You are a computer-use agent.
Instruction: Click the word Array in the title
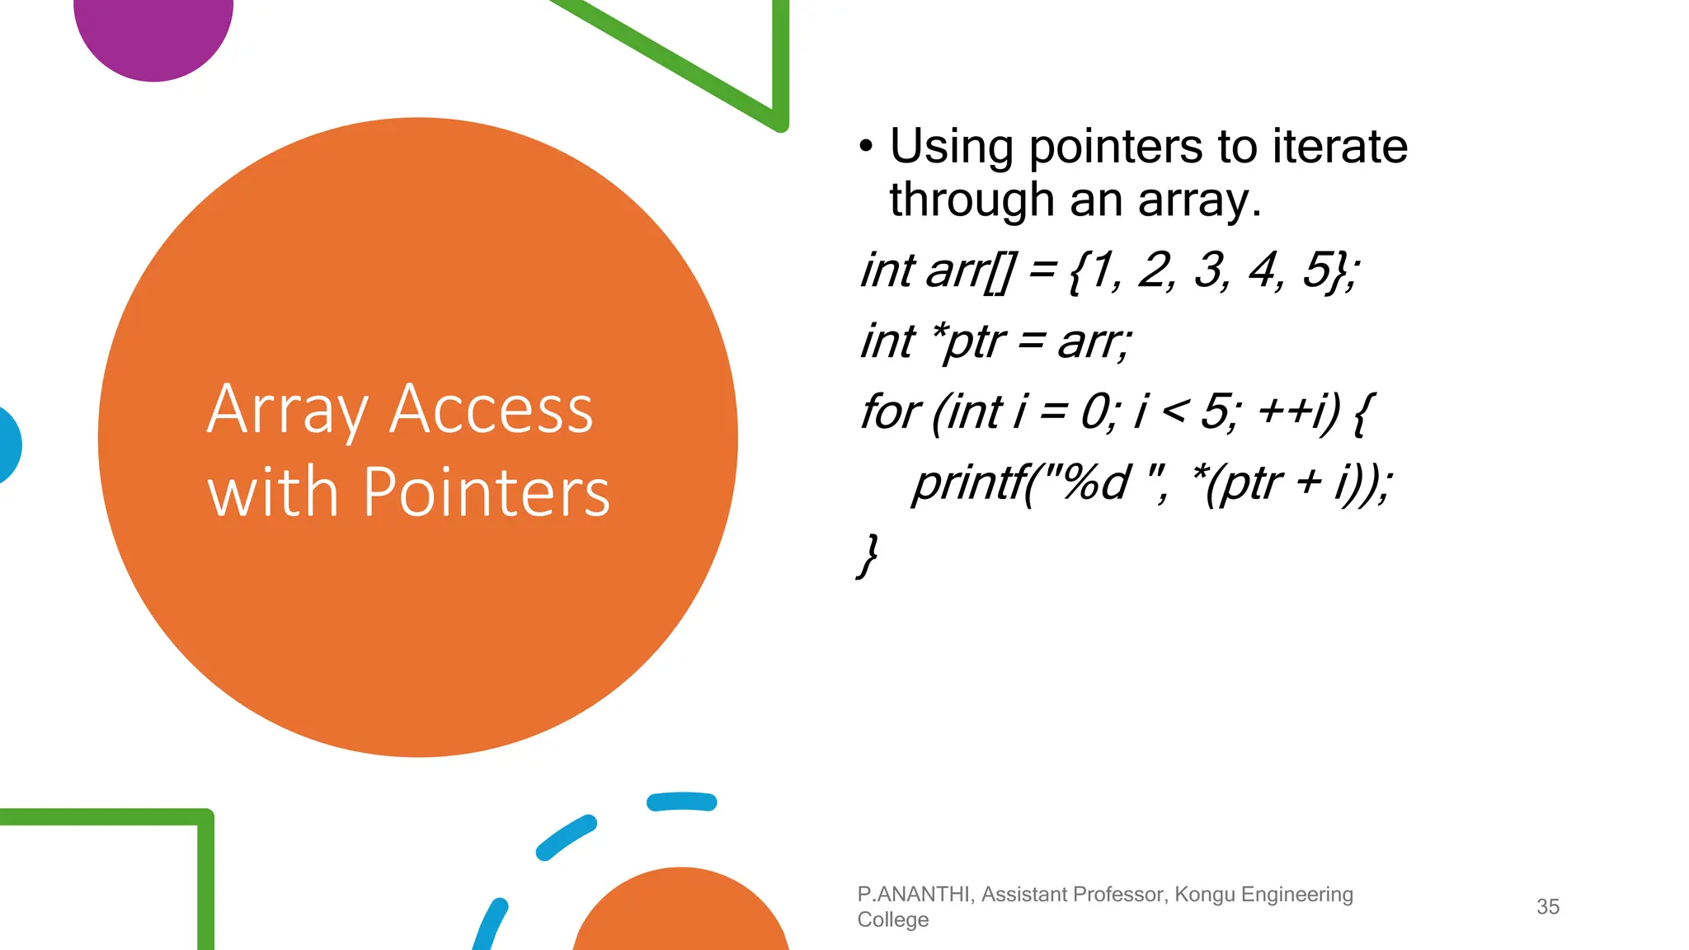(287, 410)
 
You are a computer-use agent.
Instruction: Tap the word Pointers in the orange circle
(486, 492)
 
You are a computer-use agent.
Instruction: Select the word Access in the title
(491, 410)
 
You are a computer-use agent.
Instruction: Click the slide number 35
(1548, 907)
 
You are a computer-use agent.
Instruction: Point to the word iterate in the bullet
(1339, 147)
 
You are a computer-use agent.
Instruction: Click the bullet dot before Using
(865, 147)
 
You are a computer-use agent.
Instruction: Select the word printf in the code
(969, 482)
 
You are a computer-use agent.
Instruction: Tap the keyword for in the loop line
(888, 412)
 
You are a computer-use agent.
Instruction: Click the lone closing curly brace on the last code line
(868, 555)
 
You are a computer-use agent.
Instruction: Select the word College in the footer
(892, 919)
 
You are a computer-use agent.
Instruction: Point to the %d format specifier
(1096, 482)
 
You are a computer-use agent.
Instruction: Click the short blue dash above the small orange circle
(681, 802)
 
